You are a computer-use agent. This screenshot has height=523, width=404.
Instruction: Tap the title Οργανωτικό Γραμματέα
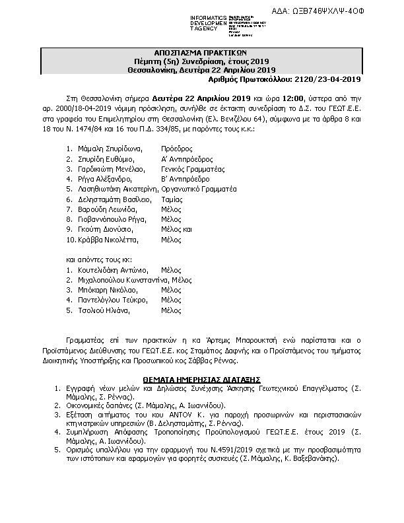point(199,189)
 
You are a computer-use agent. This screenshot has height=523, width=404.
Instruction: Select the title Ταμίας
point(172,199)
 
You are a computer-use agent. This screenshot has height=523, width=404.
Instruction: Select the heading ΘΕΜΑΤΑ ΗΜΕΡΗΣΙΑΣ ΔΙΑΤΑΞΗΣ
point(203,380)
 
